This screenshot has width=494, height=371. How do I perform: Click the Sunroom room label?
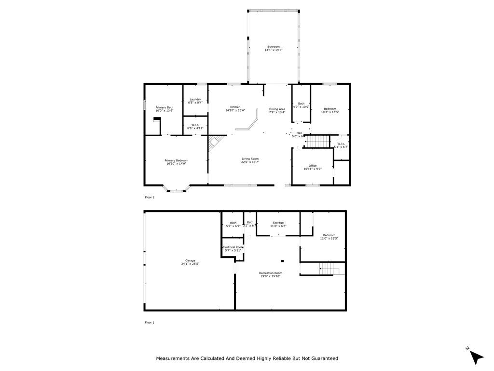point(273,47)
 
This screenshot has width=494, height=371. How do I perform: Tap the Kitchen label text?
point(235,107)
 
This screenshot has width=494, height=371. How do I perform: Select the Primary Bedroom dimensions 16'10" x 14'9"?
point(176,164)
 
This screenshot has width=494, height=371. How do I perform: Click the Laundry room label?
point(195,100)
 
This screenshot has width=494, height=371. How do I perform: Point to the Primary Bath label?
point(164,107)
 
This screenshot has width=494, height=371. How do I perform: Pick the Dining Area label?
point(277,109)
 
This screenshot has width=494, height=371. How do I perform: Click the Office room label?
point(313,166)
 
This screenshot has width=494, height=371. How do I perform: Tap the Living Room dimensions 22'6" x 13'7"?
point(250,162)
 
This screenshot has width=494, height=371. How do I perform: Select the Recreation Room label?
point(271,273)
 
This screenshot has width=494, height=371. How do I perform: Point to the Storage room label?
point(278,223)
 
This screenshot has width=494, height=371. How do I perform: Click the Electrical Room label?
point(233,247)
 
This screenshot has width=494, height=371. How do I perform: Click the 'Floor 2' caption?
point(150,197)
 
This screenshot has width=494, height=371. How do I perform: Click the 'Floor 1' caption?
point(150,322)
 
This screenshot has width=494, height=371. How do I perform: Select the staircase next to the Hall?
point(318,142)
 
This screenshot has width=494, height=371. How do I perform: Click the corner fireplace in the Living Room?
point(215,143)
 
